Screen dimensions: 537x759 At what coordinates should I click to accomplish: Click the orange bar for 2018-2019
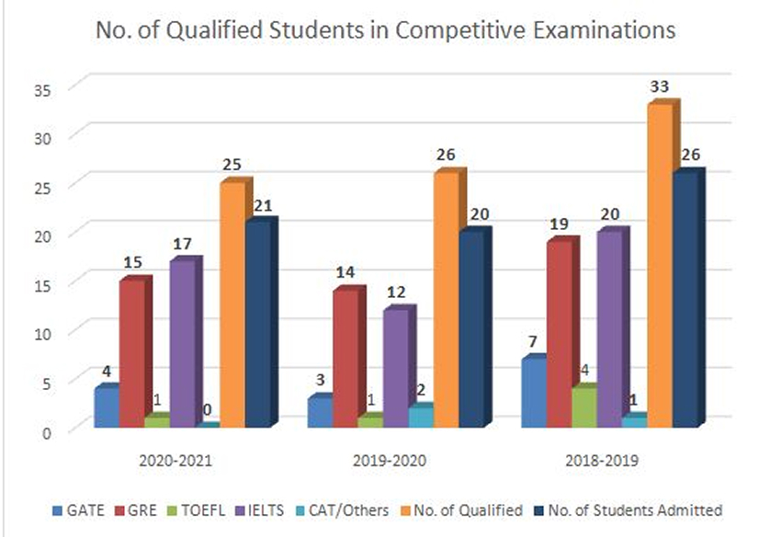(660, 267)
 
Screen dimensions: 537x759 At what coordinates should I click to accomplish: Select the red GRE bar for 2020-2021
(131, 354)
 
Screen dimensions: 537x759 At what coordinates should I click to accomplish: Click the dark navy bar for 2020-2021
(257, 324)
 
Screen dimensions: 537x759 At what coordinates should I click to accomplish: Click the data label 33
(660, 86)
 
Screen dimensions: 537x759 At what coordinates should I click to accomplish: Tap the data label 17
(181, 245)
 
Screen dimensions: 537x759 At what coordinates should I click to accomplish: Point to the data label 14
(345, 272)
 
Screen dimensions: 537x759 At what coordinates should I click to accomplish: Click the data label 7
(532, 340)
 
